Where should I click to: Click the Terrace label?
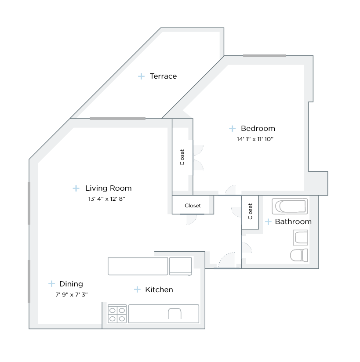tap(163, 76)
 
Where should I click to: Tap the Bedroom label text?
tap(258, 129)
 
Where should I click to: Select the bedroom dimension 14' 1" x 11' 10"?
tap(255, 139)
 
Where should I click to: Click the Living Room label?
tap(108, 188)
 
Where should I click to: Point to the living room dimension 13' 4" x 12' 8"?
tap(104, 199)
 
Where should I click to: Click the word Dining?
tap(71, 284)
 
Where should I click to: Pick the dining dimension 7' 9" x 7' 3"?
tap(72, 294)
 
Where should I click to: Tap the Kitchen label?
tap(159, 290)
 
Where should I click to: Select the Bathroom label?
tap(293, 222)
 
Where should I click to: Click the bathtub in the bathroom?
tap(289, 206)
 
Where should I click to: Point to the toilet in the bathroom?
tap(299, 255)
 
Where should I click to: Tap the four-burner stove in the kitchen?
tap(117, 314)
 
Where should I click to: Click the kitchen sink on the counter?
tap(175, 314)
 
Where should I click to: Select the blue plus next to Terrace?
tap(141, 76)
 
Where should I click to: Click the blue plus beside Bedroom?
tap(232, 129)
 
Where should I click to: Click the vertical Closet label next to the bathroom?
tap(251, 211)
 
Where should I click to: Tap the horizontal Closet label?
tap(193, 206)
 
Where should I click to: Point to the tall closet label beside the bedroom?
tap(182, 157)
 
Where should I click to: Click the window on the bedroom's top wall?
tap(264, 56)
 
